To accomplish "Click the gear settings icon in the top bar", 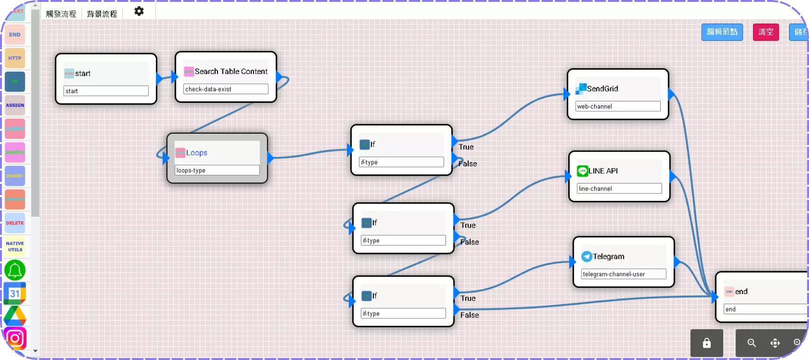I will tap(139, 11).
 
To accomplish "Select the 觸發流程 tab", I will tap(61, 14).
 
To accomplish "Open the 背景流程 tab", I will tap(102, 14).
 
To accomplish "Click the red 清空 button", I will tap(765, 32).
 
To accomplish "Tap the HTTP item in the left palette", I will tap(15, 58).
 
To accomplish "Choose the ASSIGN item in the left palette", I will tap(15, 105).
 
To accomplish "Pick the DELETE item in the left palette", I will tap(15, 223).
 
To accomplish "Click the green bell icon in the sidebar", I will tap(15, 270).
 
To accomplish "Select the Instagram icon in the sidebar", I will tap(15, 338).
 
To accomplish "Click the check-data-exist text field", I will tap(226, 89).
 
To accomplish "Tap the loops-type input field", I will tap(217, 170).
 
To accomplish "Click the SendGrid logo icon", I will tap(581, 89).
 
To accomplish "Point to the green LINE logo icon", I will tap(582, 171).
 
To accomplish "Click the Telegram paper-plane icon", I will tap(587, 256).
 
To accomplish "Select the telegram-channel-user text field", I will tap(623, 274).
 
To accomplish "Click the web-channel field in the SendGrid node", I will tap(618, 106).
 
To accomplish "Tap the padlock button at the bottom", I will tap(707, 343).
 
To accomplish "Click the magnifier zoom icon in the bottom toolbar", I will tap(752, 343).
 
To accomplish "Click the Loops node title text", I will tap(197, 153).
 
